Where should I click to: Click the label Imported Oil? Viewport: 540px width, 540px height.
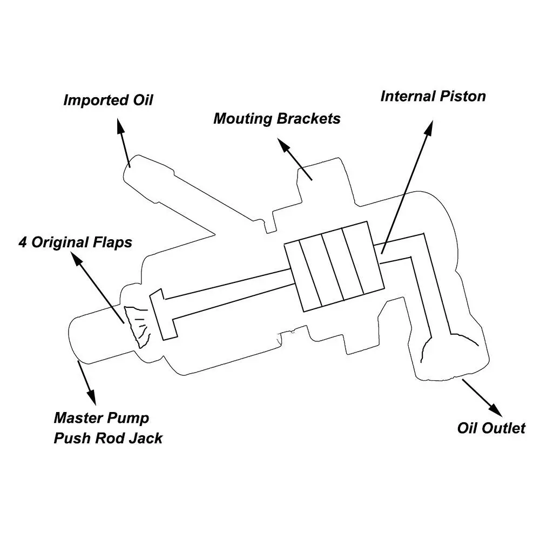coord(108,100)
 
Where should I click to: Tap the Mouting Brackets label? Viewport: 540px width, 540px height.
coord(277,119)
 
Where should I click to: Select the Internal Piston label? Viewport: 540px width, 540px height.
coord(433,97)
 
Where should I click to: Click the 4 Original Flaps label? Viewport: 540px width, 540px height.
coord(75,242)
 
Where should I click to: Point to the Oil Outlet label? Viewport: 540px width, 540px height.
coord(491,428)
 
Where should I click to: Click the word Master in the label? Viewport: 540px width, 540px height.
coord(77,418)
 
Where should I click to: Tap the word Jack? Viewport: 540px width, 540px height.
coord(146,438)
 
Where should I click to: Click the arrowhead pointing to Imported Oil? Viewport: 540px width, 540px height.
coord(121,126)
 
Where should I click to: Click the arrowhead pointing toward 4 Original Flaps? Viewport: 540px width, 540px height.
coord(77,258)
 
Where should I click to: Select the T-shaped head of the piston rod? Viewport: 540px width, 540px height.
coord(163,314)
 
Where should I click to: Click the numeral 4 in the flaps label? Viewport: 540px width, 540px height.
coord(23,242)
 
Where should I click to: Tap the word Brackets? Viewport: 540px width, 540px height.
coord(308,119)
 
